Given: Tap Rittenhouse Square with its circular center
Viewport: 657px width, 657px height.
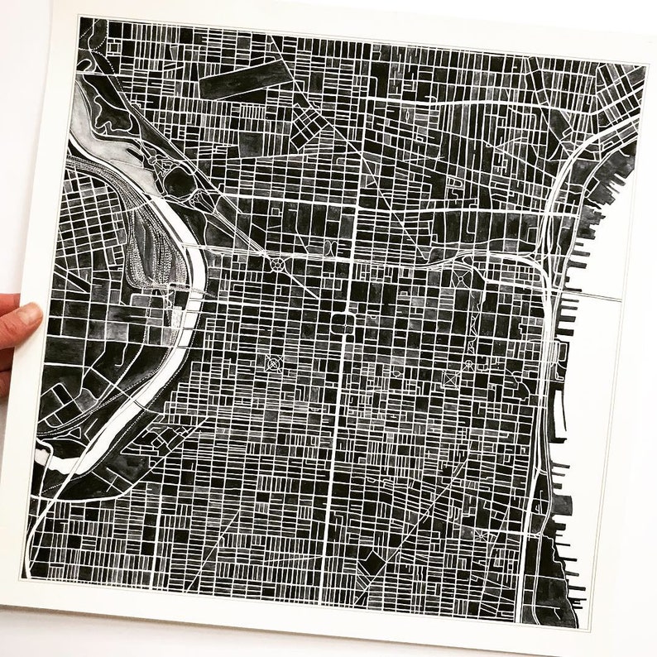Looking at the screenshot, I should click(x=272, y=362).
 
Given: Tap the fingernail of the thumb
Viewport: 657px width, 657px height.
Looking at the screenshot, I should click(x=30, y=315).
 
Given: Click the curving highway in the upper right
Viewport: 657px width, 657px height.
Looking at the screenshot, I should click(x=571, y=165).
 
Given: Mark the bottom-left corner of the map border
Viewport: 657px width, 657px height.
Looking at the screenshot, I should click(x=22, y=578).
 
